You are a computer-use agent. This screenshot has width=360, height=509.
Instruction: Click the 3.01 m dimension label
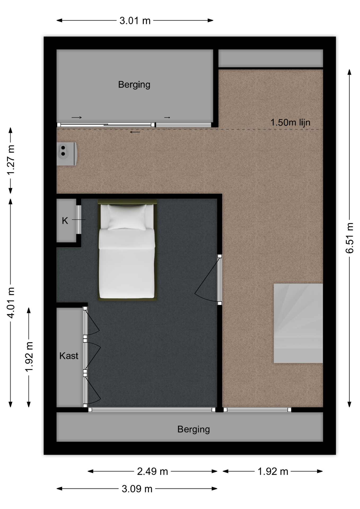[x=135, y=20]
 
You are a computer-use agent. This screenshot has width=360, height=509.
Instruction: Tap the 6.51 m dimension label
[x=350, y=238]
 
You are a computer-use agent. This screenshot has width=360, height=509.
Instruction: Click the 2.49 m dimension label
[x=152, y=471]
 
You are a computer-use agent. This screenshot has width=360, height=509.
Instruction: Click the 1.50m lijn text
[x=290, y=122]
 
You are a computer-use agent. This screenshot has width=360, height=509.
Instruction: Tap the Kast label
[x=69, y=356]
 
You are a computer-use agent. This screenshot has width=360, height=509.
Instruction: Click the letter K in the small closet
[x=65, y=221]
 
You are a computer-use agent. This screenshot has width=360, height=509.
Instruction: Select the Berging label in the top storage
[x=134, y=85]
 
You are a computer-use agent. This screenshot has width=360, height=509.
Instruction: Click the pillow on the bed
[x=127, y=217]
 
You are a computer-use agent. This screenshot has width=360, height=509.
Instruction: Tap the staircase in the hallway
[x=298, y=323]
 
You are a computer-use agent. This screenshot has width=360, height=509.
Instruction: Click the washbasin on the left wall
[x=67, y=154]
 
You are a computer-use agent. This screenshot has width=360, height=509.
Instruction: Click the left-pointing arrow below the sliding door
[x=135, y=132]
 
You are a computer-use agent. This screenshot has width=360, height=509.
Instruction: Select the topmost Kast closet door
[x=91, y=321]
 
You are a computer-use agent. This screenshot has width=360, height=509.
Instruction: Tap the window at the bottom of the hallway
[x=257, y=410]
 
